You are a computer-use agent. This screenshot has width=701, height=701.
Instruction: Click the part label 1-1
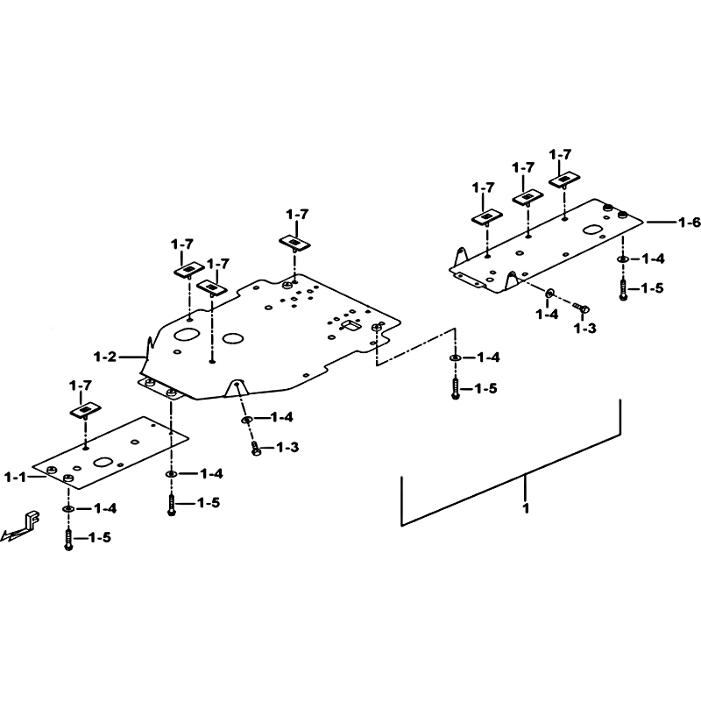pos(15,477)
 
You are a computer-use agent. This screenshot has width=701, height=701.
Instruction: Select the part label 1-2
pos(104,357)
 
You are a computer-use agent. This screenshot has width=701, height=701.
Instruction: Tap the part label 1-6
pos(689,223)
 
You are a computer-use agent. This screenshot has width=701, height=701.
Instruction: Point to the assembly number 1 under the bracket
pos(526,508)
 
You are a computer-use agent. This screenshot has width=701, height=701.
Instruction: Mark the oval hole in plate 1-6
pos(594,230)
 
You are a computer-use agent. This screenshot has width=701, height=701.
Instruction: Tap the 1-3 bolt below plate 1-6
pos(581,308)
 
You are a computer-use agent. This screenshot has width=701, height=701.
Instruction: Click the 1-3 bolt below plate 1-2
pos(255,449)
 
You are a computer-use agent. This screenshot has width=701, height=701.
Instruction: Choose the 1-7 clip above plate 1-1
pos(85,410)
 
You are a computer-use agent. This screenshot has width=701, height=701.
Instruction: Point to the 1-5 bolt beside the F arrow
pos(68,539)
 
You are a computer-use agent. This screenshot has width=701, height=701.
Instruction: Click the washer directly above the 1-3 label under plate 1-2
pos(247,420)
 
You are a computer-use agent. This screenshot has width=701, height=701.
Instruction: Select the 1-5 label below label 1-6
pos(652,288)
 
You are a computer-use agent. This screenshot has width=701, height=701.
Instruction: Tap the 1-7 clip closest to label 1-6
pos(564,180)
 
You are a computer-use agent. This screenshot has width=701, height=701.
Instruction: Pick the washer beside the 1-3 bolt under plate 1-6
pos(549,294)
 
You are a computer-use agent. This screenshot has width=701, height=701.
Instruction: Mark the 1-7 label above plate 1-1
pos(81,386)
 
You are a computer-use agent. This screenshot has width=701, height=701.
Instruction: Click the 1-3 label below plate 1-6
pos(584,329)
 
